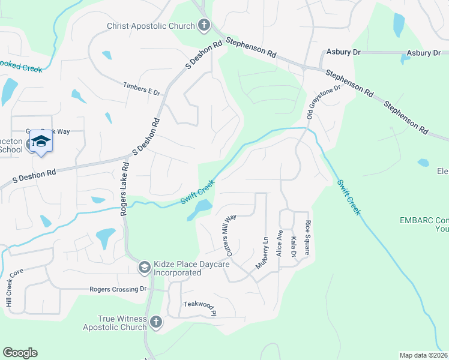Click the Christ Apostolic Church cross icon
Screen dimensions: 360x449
point(204,26)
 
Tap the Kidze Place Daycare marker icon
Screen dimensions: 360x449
point(144,267)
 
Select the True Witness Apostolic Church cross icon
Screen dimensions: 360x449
point(155,322)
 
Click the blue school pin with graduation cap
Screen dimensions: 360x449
point(41,142)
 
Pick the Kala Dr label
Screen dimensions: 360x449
point(294,247)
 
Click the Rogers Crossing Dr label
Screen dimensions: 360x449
point(118,289)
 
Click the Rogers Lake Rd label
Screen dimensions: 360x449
point(124,189)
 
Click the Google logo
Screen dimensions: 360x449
point(20,353)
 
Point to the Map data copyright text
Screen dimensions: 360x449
point(423,355)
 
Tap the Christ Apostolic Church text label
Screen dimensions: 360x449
point(151,26)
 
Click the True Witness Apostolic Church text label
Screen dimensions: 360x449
point(122,323)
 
